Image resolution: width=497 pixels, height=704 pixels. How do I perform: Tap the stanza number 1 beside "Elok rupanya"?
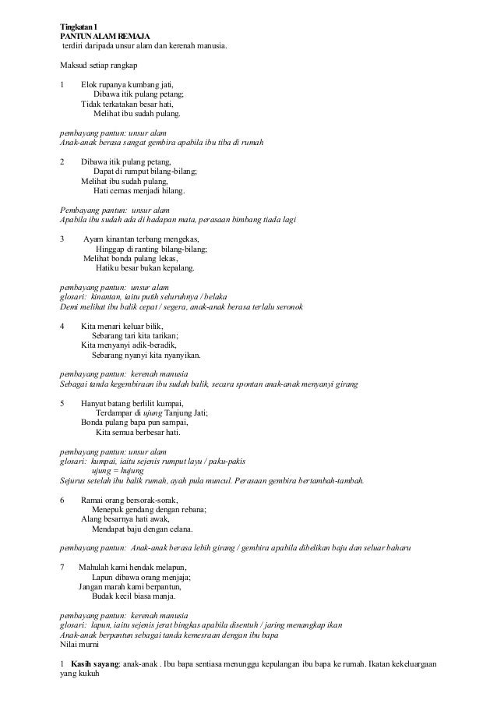[62, 83]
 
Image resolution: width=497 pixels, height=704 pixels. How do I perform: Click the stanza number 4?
[62, 325]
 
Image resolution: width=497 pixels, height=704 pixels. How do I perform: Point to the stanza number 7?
[62, 567]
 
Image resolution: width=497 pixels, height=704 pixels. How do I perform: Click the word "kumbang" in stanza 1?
[143, 83]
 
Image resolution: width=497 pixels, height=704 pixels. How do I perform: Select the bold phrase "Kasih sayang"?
[92, 663]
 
